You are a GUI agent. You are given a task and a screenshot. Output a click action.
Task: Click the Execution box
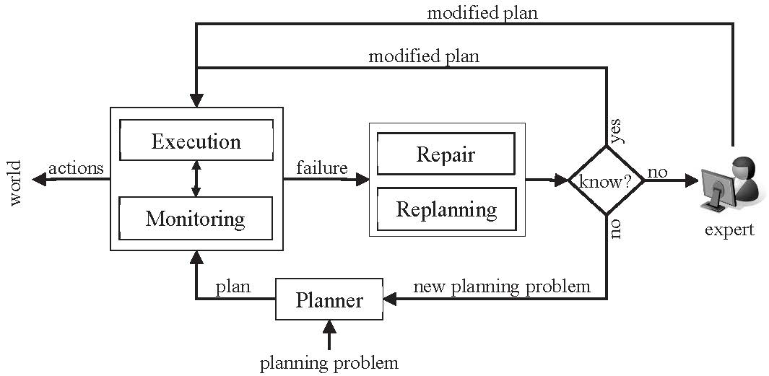196,141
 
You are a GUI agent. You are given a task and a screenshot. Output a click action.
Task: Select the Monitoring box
196,218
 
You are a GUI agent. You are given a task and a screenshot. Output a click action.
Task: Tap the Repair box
446,154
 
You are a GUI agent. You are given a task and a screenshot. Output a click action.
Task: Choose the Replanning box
446,209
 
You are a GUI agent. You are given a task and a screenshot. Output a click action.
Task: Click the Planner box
329,300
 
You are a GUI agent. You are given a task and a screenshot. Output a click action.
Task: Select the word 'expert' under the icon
729,229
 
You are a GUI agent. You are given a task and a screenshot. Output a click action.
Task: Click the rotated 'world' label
15,183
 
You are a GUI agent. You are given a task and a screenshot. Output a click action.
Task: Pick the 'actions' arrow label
76,167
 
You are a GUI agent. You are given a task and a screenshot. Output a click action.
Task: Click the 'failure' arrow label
321,167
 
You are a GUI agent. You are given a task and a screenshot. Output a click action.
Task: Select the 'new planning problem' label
501,287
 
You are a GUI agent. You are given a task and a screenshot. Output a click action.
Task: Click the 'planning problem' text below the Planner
329,362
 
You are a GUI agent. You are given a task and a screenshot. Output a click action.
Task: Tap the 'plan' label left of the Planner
233,287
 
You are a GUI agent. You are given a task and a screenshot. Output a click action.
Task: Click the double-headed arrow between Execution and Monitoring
196,179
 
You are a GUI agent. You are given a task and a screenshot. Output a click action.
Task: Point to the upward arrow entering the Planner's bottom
329,335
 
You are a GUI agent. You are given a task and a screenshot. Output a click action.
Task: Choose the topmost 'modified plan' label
482,12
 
